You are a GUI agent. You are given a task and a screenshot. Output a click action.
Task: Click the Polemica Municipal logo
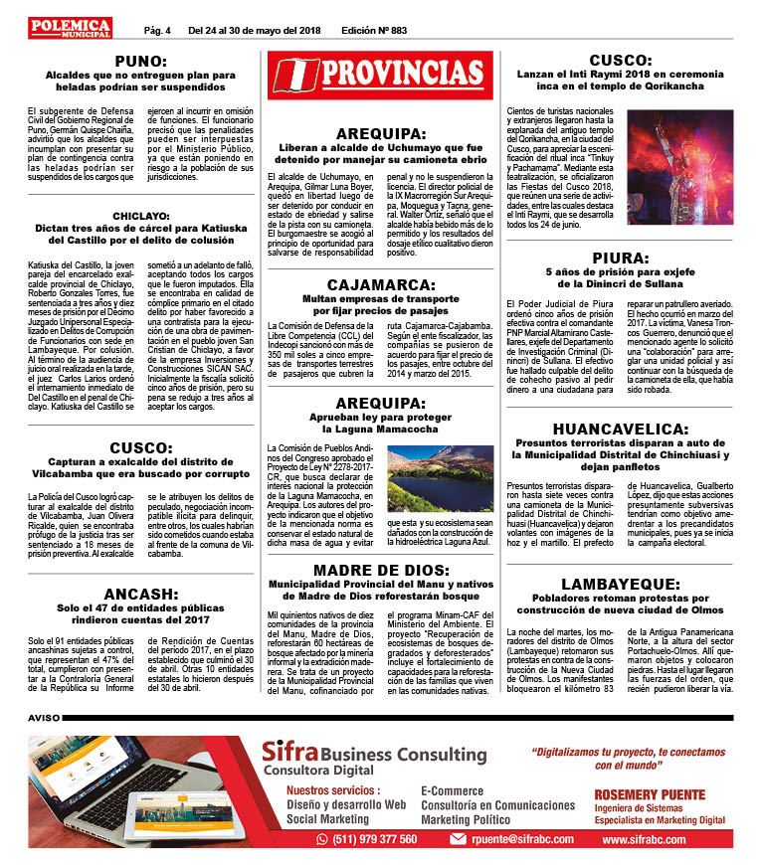coord(70,28)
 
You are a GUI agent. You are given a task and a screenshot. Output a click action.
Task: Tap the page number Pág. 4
coord(157,30)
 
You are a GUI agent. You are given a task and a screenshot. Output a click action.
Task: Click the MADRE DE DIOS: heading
coord(380,570)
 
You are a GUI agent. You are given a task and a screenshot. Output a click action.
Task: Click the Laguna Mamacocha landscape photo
coord(439,478)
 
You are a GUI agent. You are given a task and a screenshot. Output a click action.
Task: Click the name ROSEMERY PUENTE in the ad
coord(649,794)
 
